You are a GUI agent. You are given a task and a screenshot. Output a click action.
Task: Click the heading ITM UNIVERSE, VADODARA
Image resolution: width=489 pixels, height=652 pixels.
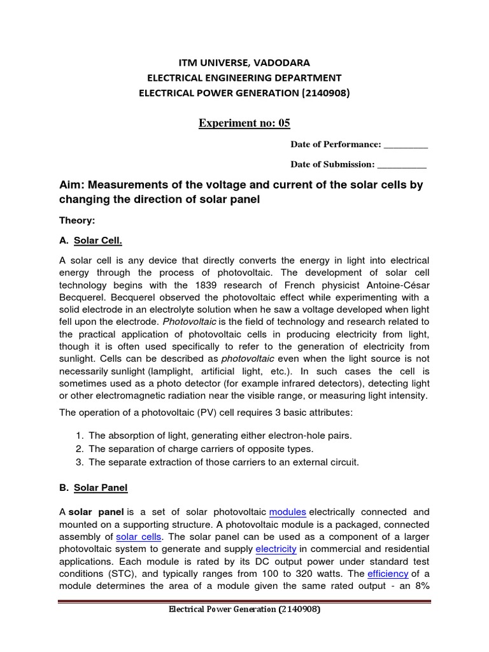(244, 63)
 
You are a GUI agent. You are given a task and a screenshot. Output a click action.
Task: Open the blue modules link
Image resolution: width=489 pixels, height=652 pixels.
(288, 512)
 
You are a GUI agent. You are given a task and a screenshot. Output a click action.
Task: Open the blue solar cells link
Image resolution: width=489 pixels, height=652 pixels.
(139, 537)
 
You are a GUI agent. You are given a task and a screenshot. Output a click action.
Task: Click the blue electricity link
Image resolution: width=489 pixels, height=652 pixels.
(276, 549)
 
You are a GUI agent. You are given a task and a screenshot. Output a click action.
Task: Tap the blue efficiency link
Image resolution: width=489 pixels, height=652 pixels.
(387, 573)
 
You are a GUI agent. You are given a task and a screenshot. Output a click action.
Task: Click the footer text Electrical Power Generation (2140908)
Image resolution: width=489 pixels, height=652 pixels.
(244, 609)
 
